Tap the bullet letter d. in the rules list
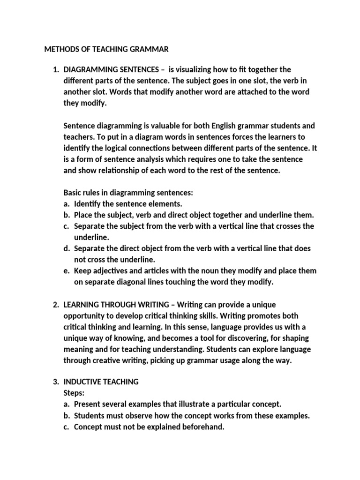[67, 248]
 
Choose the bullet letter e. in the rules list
[67, 271]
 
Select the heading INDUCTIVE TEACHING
[101, 382]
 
